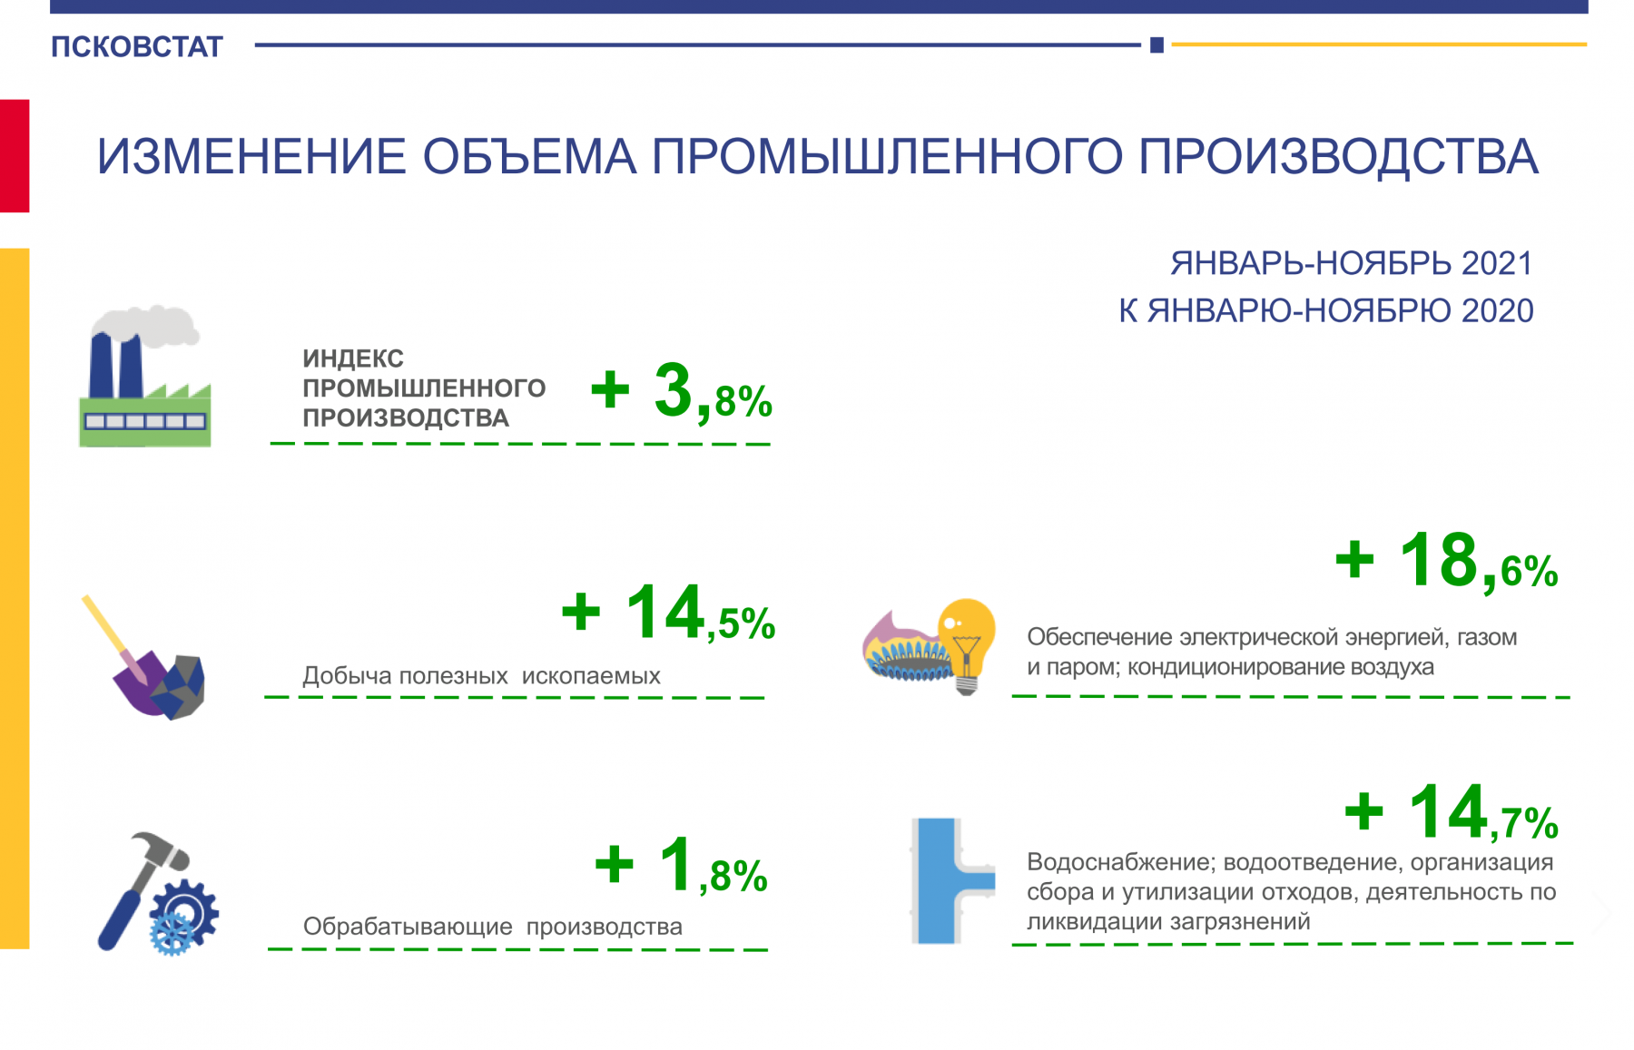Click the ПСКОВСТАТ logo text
tap(137, 47)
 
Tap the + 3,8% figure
tap(682, 392)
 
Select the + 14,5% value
tap(669, 613)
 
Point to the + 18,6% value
tap(1447, 562)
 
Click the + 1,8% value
tap(682, 866)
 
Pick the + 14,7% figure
tap(1452, 813)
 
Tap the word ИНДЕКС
tap(353, 358)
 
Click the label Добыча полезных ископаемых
tap(481, 676)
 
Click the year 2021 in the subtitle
tap(1497, 264)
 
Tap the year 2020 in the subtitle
tap(1497, 311)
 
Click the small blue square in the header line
tap(1157, 44)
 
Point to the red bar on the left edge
tap(15, 156)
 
